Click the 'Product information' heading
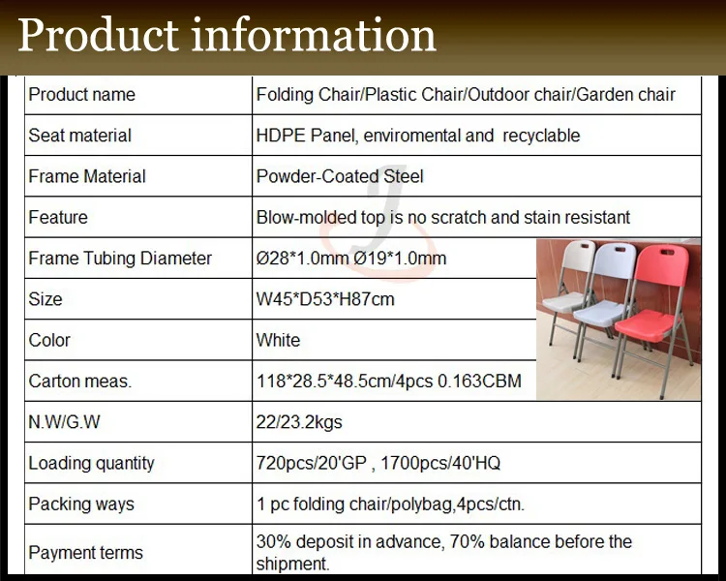coord(227,36)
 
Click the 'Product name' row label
coord(82,95)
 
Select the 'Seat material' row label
coord(80,136)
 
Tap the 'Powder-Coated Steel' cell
coord(340,176)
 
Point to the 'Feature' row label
coord(58,217)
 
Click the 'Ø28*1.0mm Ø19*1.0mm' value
coord(351,259)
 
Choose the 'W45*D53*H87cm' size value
coord(325,299)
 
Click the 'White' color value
coord(278,340)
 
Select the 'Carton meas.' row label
coord(80,382)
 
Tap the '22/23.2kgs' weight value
coord(299,422)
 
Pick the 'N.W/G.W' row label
coord(65,422)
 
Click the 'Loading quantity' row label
coord(91,463)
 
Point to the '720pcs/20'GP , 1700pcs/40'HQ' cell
coord(378,463)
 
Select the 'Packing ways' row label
coord(81,504)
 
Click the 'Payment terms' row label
coord(85,553)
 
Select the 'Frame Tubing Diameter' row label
coord(120,259)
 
